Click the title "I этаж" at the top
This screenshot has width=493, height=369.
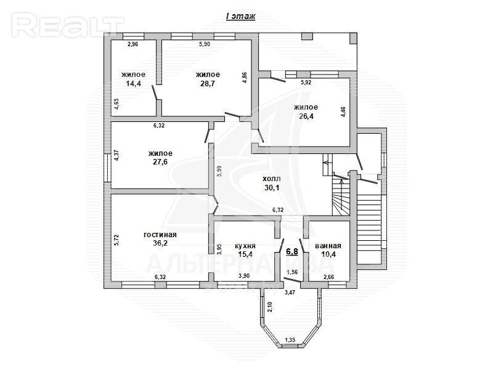(x=241, y=17)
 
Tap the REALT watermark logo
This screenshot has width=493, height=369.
(x=68, y=25)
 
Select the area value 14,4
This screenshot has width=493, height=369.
(x=133, y=84)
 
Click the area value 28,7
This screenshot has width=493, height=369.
(x=208, y=84)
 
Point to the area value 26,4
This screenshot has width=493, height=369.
(x=306, y=116)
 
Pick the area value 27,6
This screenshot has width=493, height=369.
(x=160, y=162)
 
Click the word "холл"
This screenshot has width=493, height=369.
(x=272, y=179)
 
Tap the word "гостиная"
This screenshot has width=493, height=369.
(x=160, y=235)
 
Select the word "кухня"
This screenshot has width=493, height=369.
(x=245, y=246)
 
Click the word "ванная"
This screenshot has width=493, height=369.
(x=328, y=246)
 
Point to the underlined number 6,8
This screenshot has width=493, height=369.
(x=292, y=252)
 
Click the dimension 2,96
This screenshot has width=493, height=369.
(x=132, y=44)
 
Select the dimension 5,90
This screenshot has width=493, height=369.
(x=205, y=44)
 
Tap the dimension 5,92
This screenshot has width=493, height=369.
(x=306, y=83)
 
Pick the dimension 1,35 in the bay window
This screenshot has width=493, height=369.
(x=290, y=340)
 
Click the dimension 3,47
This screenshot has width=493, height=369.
(x=290, y=293)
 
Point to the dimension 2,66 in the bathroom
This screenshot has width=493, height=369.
(x=329, y=277)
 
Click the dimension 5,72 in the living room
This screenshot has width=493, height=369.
(x=116, y=240)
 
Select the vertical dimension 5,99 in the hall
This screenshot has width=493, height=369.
(x=220, y=171)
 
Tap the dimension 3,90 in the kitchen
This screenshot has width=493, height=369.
(x=244, y=276)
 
